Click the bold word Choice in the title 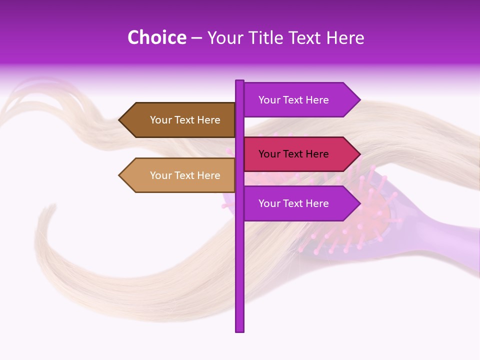(156, 37)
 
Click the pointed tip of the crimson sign (359, 154)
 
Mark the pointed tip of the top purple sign (359, 100)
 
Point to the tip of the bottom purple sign (359, 203)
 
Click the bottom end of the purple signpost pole (239, 330)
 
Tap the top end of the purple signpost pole (239, 81)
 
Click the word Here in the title (345, 37)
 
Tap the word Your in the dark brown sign (161, 120)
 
